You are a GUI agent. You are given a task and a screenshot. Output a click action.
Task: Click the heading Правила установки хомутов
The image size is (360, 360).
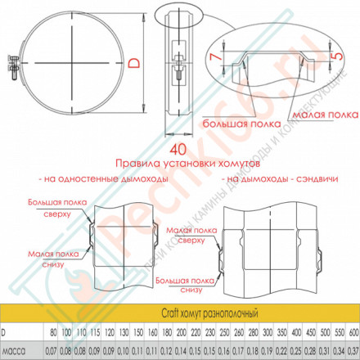(182, 162)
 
